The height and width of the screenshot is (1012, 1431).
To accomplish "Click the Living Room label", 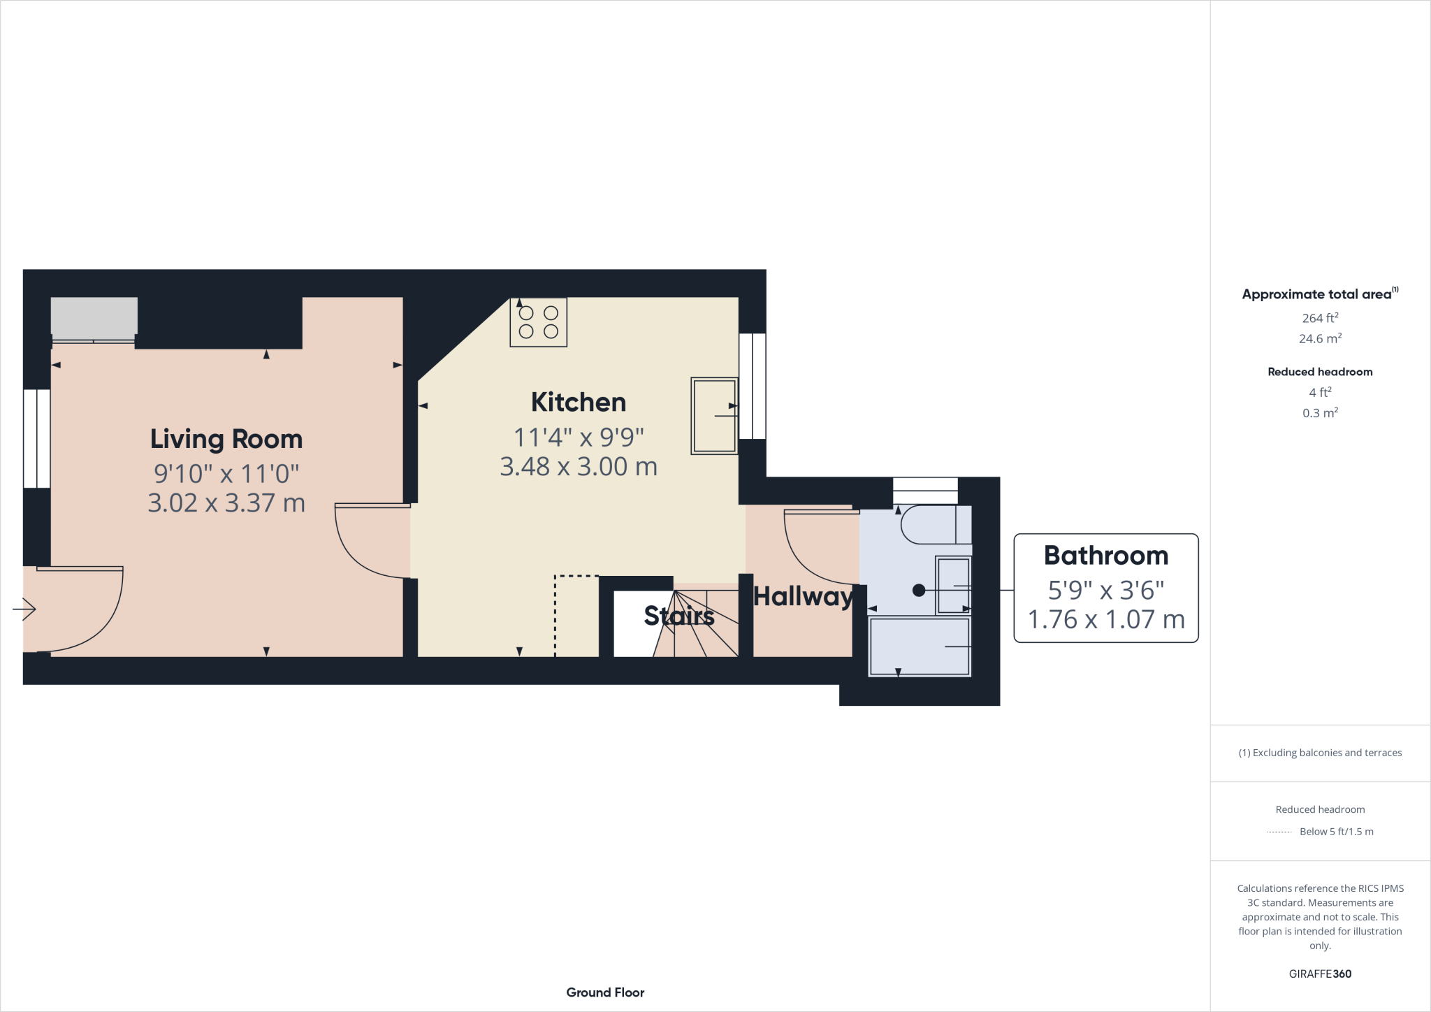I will pos(226,439).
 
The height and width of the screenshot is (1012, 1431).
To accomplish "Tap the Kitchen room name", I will pos(578,402).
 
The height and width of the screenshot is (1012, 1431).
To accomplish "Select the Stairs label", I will pos(678,616).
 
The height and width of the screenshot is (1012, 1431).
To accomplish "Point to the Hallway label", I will pos(803,596).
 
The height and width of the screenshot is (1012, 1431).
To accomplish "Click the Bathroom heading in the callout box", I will pos(1105,556).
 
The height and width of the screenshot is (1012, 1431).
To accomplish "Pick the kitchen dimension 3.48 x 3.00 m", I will pos(578,467).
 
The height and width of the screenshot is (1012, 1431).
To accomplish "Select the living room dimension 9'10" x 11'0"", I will pos(226,474).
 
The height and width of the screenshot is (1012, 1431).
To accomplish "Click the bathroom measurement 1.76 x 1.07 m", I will pos(1105,619).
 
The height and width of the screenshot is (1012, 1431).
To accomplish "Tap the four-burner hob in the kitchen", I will pos(538,322).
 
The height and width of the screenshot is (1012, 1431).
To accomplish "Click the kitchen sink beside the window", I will pos(714,416).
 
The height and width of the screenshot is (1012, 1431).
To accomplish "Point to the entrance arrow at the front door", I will pos(24,609).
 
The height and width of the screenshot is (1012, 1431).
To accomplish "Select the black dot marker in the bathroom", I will pos(919,591).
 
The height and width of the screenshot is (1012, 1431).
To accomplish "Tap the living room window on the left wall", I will pos(36,438).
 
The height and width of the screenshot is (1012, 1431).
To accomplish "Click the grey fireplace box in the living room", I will pos(94,316).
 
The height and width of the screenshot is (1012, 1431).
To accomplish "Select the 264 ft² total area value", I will pos(1319,318).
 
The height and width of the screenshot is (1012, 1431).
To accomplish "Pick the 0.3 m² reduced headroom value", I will pos(1319,413).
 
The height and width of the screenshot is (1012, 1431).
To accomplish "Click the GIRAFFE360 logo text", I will pos(1319,974).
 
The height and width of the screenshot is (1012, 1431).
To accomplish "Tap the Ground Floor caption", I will pos(605,992).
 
